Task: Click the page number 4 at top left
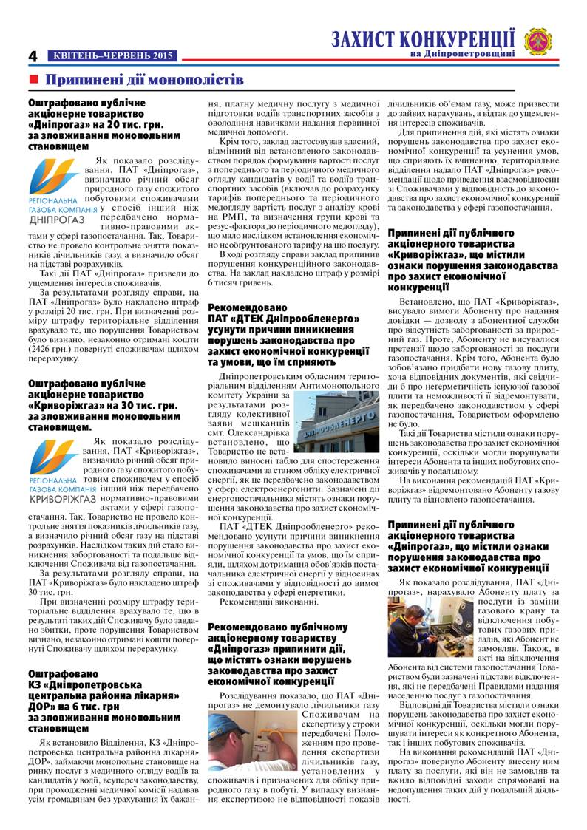tap(33, 56)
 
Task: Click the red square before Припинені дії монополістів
tap(33, 79)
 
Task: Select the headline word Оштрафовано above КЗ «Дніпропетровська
tap(63, 674)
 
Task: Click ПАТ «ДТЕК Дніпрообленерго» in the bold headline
tap(284, 319)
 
